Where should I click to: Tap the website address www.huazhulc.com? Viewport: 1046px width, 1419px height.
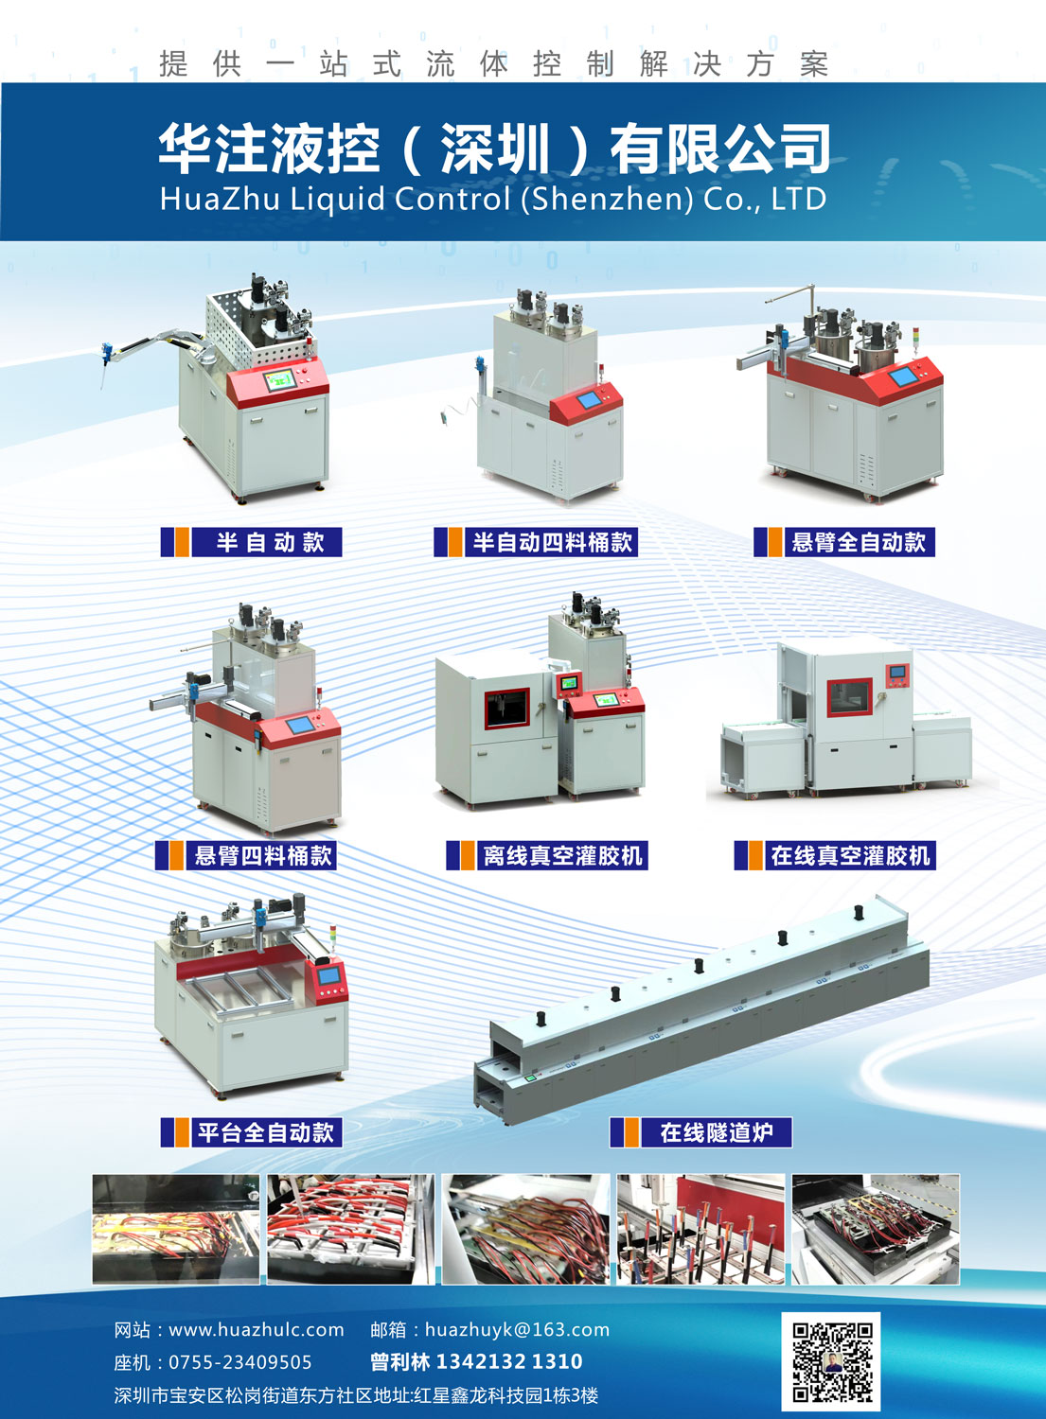tap(257, 1329)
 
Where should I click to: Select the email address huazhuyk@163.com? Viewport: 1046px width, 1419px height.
tap(517, 1329)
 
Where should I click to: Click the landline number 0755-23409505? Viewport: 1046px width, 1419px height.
tap(240, 1362)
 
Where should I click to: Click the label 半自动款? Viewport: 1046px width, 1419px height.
tap(270, 542)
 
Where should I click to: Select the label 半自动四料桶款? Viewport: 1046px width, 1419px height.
tap(552, 542)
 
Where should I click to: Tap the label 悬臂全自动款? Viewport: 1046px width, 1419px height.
tap(859, 542)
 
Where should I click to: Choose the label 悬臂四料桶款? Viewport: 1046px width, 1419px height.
tap(263, 856)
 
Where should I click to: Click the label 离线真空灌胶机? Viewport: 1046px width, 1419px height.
tap(563, 856)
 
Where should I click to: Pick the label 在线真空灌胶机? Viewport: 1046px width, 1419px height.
tap(850, 856)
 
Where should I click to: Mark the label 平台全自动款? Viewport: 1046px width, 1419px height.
tap(266, 1132)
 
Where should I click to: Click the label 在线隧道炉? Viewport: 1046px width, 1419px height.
tap(717, 1132)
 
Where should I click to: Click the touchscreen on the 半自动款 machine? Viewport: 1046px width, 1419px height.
tap(278, 380)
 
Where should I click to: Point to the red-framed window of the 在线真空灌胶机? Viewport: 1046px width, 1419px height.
tap(850, 697)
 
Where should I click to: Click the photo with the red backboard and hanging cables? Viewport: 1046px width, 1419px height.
tap(700, 1229)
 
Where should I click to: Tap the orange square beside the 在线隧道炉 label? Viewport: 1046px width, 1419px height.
tap(630, 1132)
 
